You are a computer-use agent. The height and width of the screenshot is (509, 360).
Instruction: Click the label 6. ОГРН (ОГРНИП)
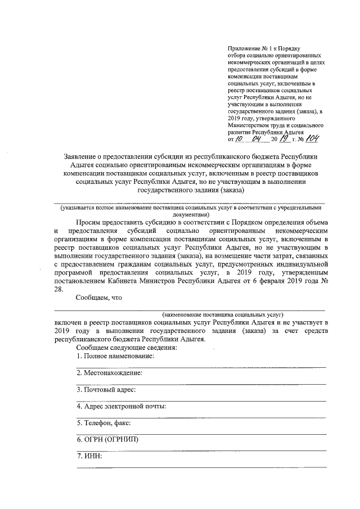pyautogui.click(x=107, y=439)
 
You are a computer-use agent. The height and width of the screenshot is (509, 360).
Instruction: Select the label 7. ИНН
pyautogui.click(x=89, y=456)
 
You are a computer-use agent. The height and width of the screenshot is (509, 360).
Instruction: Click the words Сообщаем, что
pyautogui.click(x=99, y=298)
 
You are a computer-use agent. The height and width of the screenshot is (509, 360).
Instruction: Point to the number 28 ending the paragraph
pyautogui.click(x=58, y=289)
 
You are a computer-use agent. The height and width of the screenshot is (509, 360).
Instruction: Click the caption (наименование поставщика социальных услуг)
pyautogui.click(x=223, y=314)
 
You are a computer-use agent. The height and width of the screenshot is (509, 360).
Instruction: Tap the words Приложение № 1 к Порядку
pyautogui.click(x=259, y=49)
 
